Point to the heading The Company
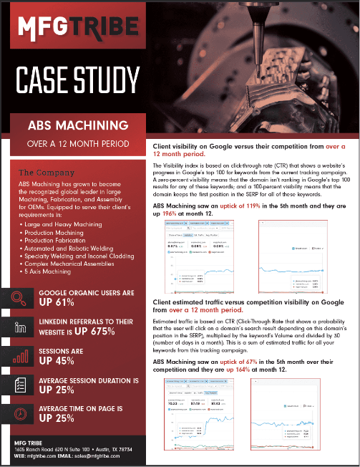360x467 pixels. [46, 173]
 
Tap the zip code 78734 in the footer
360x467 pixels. [122, 449]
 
